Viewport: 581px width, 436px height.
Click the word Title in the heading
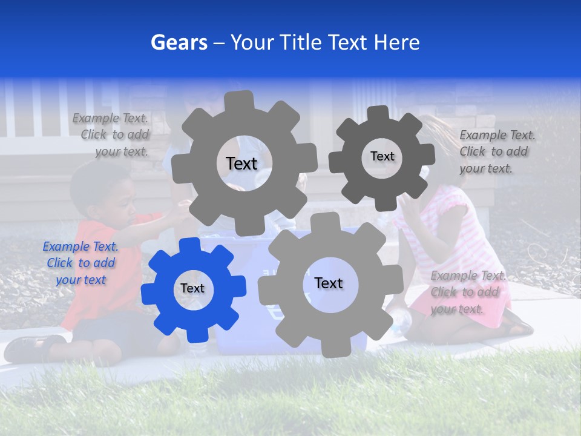(x=300, y=42)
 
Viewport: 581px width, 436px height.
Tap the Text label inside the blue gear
(x=192, y=289)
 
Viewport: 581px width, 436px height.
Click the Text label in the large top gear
(x=241, y=163)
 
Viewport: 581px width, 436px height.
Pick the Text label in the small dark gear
(x=382, y=156)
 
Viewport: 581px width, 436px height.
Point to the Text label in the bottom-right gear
(x=329, y=283)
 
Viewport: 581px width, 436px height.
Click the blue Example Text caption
(x=80, y=263)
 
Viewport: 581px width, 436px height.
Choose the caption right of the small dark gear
(x=497, y=151)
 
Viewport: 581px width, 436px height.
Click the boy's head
(x=103, y=193)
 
